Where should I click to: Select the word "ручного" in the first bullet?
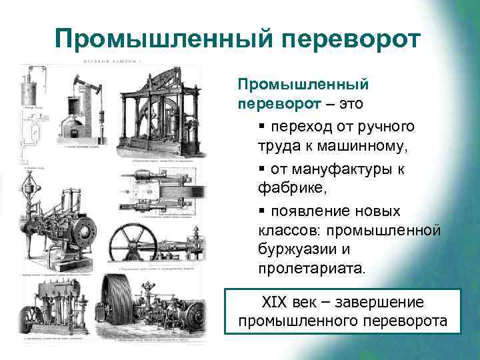(x=389, y=126)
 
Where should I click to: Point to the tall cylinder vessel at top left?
(x=29, y=89)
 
